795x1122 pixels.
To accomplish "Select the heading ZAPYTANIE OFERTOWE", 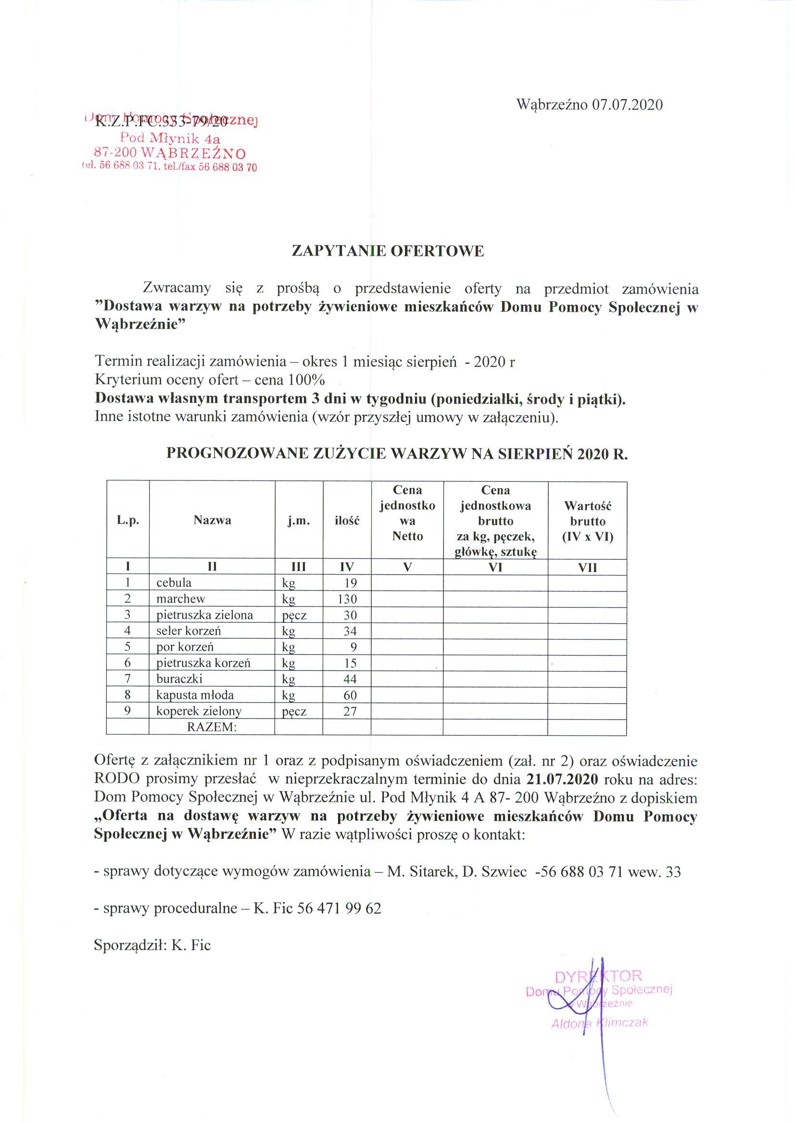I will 388,251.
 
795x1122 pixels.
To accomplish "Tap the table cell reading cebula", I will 174,583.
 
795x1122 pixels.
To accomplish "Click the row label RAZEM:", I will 212,727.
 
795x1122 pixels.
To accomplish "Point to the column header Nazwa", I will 212,520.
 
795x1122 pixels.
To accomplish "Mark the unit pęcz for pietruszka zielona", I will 294,615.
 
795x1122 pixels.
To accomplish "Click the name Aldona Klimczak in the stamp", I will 600,1022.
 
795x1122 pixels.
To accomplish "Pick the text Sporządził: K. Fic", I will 152,946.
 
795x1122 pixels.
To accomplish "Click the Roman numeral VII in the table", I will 587,567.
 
